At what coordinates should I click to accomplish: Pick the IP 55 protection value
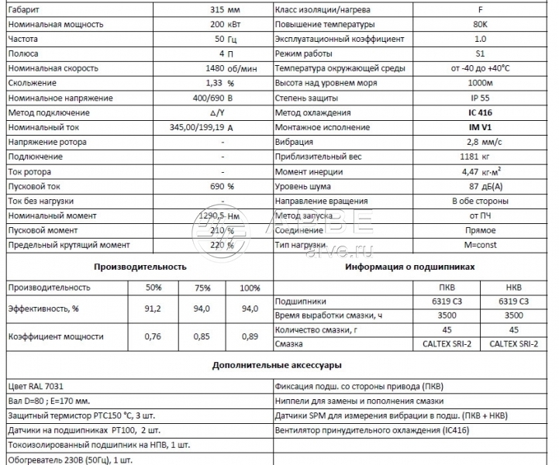click(x=480, y=98)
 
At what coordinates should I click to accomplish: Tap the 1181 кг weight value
click(x=480, y=157)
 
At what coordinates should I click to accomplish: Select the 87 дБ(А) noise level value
click(x=480, y=186)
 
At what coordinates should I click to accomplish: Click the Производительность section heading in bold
click(x=140, y=267)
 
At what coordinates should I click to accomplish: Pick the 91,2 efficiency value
click(x=154, y=308)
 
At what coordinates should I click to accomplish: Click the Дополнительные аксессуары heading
click(x=280, y=364)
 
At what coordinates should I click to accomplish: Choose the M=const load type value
click(x=480, y=245)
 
